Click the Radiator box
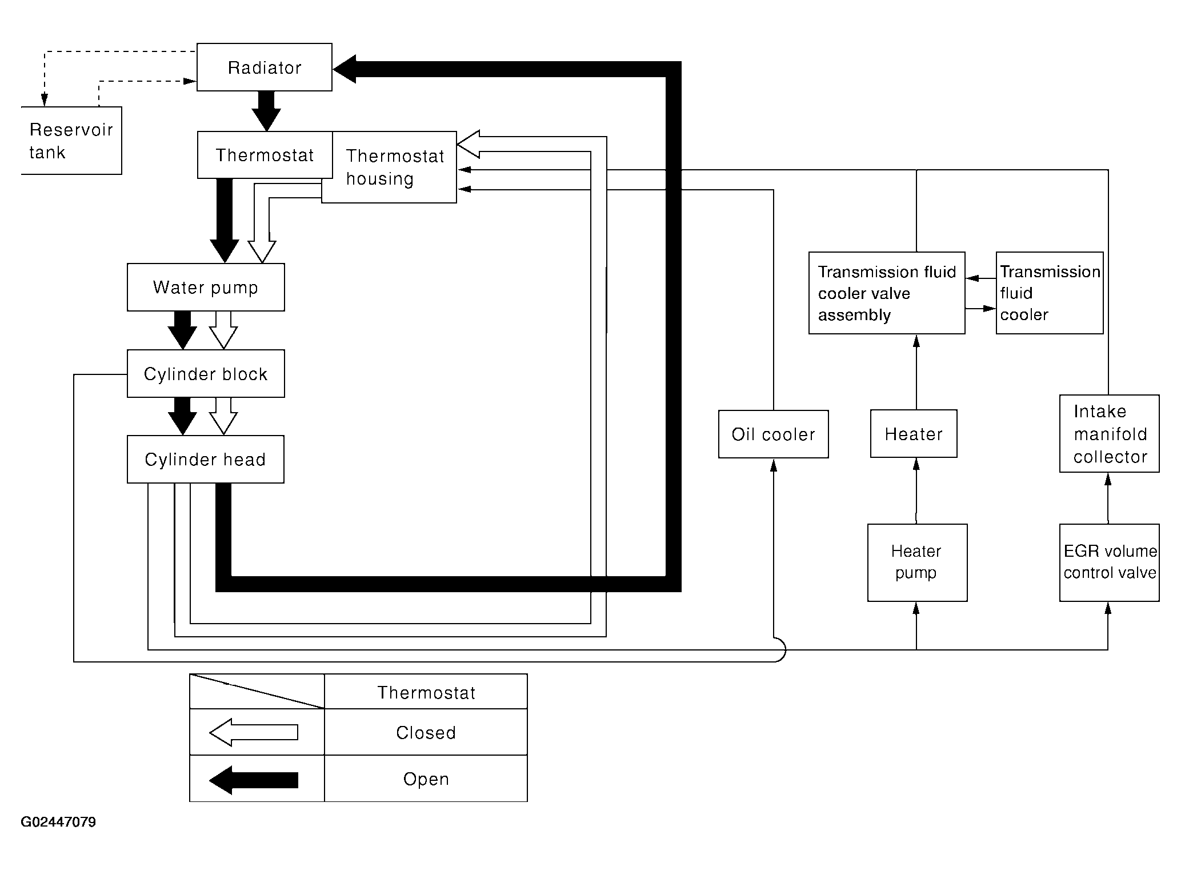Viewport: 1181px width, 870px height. tap(264, 67)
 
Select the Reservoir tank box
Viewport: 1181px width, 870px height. tap(71, 141)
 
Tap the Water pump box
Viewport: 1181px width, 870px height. tap(206, 287)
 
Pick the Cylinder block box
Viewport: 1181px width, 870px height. tap(206, 374)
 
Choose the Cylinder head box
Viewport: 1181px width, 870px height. tap(206, 460)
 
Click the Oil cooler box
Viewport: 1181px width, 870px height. tap(773, 434)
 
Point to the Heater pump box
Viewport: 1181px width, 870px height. tap(917, 562)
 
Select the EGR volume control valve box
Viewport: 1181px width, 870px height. tap(1109, 562)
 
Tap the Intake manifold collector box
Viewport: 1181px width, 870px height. tap(1109, 434)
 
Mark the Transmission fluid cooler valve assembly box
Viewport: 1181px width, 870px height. tap(887, 293)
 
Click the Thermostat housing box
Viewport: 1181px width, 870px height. tap(394, 167)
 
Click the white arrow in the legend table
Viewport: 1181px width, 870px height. tap(254, 733)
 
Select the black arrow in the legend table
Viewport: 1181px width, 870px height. tap(254, 780)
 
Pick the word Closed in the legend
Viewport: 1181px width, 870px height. tap(426, 733)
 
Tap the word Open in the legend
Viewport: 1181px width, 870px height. tap(426, 779)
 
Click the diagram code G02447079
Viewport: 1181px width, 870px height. tap(58, 822)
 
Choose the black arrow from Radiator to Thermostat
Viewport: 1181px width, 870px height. tap(266, 111)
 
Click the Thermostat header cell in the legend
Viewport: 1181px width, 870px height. tap(426, 693)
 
